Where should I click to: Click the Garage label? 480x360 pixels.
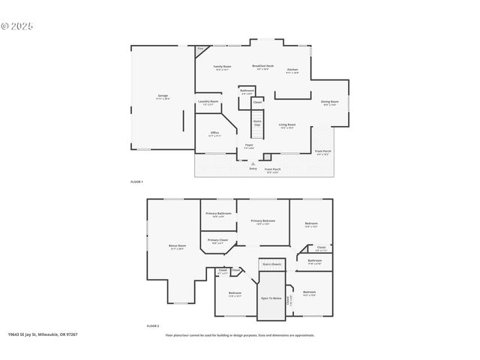(x=162, y=96)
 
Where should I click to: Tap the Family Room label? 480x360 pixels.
(x=221, y=67)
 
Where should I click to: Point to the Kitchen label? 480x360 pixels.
(x=292, y=70)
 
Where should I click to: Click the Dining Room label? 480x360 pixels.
(x=330, y=102)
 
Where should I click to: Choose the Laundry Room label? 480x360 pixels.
(x=208, y=101)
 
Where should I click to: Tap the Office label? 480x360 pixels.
(x=214, y=133)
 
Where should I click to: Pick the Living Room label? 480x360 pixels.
(x=287, y=125)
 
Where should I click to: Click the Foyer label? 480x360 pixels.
(x=249, y=145)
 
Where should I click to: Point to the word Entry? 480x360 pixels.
(x=253, y=169)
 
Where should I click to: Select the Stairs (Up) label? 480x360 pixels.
(x=257, y=121)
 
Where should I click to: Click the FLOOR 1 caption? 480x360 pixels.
(x=136, y=182)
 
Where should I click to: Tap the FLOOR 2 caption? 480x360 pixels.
(x=153, y=326)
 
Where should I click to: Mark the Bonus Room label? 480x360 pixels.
(x=178, y=246)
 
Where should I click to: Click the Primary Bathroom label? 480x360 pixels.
(x=218, y=214)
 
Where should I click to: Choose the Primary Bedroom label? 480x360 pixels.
(x=263, y=221)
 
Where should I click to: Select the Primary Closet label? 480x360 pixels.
(x=218, y=241)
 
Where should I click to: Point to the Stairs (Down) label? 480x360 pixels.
(x=271, y=265)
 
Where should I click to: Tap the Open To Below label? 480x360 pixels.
(x=271, y=298)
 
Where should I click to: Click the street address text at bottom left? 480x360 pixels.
(x=43, y=334)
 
